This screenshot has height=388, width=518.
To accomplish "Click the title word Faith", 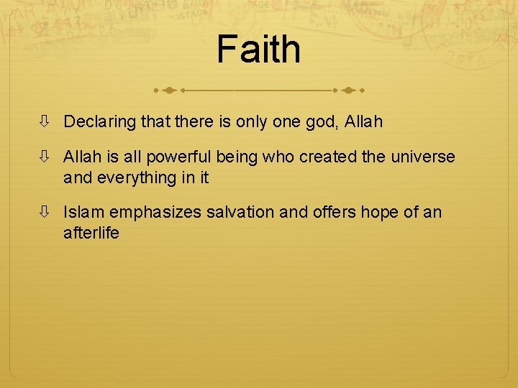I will [x=258, y=49].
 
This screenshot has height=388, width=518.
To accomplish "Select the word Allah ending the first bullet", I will [x=363, y=122].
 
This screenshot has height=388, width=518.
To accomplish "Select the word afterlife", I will [x=91, y=233].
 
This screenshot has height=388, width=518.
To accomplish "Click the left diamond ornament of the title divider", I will [x=168, y=91].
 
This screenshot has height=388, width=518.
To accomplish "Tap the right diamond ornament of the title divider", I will [x=348, y=91].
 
